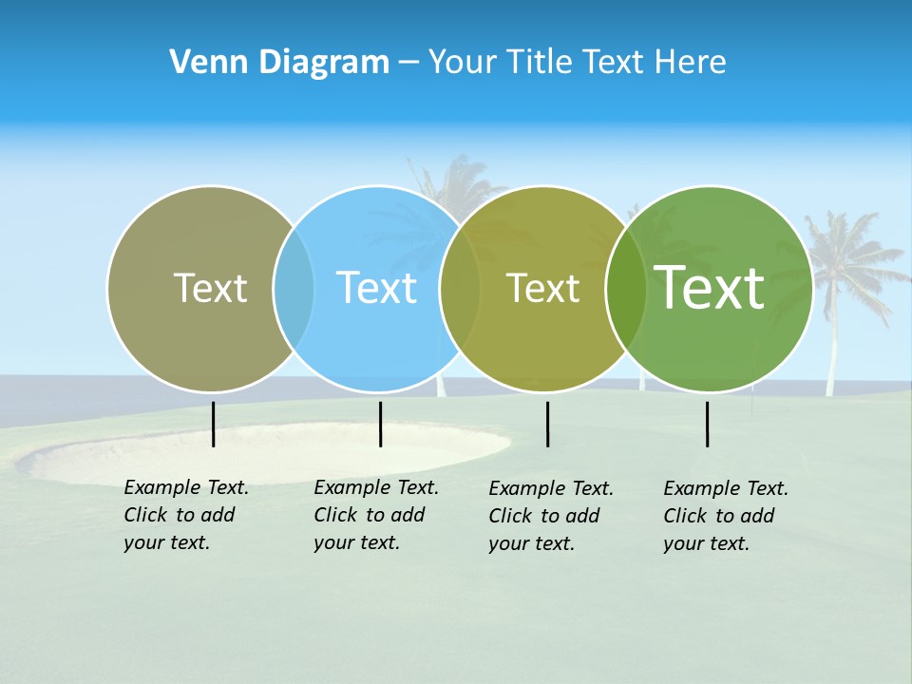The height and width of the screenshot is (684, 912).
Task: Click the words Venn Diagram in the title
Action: tap(279, 63)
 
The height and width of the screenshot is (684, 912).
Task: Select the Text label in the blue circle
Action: tap(377, 288)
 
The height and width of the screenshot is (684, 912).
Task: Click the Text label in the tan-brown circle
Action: tap(210, 288)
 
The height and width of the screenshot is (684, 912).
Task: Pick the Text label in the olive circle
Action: tap(542, 288)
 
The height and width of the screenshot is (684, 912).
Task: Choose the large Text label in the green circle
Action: tap(710, 287)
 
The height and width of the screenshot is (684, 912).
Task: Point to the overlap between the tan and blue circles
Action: tap(294, 288)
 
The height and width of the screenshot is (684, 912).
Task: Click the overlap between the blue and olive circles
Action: tap(460, 288)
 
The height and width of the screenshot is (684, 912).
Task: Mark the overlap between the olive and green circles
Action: tap(626, 288)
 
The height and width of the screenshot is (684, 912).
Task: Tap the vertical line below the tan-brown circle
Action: tap(213, 424)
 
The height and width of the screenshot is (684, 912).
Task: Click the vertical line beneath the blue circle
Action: tap(380, 424)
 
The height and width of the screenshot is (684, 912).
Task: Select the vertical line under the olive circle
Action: tap(547, 424)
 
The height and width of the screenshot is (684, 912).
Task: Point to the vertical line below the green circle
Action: tap(707, 424)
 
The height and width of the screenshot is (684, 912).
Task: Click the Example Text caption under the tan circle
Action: tap(185, 515)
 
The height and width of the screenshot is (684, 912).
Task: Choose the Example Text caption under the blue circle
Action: tap(375, 515)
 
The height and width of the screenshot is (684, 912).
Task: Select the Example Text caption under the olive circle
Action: tap(550, 516)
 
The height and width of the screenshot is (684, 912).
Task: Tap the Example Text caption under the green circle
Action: tap(725, 516)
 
